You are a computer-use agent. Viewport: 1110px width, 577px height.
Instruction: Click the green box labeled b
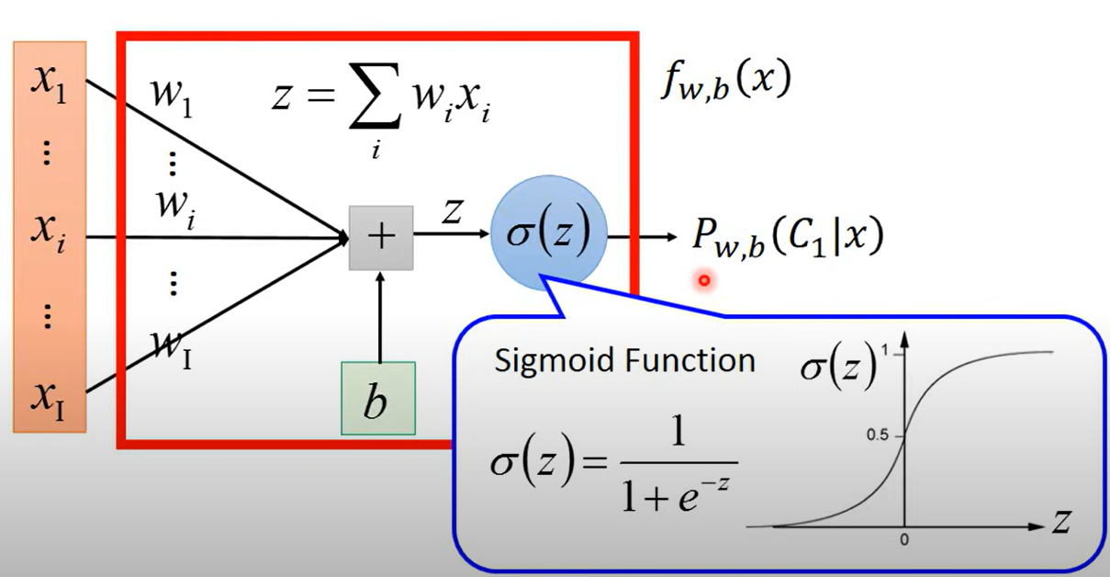click(377, 398)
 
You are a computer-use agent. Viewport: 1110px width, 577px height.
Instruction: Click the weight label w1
click(174, 96)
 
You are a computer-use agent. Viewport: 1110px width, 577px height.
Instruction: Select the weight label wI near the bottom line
click(172, 347)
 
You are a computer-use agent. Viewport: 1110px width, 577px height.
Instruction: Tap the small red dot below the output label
click(704, 279)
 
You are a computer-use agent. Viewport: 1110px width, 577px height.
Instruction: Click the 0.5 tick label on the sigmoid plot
click(880, 435)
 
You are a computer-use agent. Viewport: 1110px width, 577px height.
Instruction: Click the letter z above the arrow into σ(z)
click(451, 212)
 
